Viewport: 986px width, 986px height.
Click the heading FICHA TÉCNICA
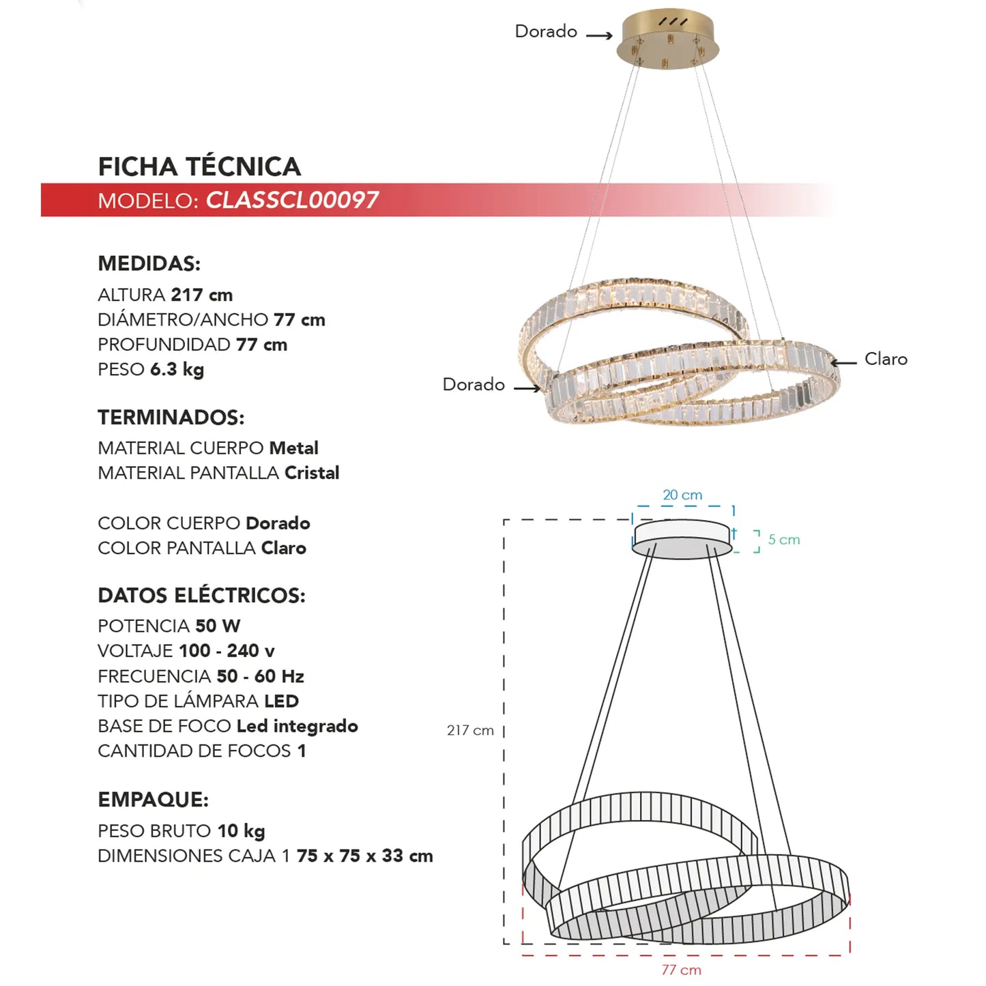click(x=199, y=166)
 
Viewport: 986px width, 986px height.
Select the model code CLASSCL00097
click(x=292, y=200)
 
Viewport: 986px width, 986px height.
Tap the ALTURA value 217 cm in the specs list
click(x=201, y=295)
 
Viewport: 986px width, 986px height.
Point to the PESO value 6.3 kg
click(x=177, y=369)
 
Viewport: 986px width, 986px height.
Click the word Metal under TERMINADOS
click(x=293, y=448)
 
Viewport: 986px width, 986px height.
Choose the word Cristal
click(x=312, y=473)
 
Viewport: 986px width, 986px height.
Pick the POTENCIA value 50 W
click(x=218, y=626)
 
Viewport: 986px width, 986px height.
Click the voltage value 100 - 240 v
click(x=227, y=651)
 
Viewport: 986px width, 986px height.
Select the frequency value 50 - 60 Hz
click(x=260, y=676)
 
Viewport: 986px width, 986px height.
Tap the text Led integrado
click(x=297, y=726)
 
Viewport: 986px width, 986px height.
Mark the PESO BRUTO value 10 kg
click(x=241, y=831)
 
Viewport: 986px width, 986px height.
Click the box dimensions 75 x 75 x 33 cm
click(x=364, y=856)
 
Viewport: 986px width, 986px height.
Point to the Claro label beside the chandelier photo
click(x=886, y=359)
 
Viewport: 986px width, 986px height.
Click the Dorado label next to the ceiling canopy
click(x=546, y=31)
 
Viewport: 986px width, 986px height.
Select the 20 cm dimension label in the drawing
click(x=682, y=495)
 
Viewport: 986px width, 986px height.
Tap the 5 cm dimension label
click(x=784, y=540)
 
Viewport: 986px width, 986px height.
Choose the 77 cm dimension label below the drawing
click(x=681, y=970)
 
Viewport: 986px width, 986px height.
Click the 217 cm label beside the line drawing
click(x=470, y=730)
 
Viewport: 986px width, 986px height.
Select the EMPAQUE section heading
click(x=153, y=800)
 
